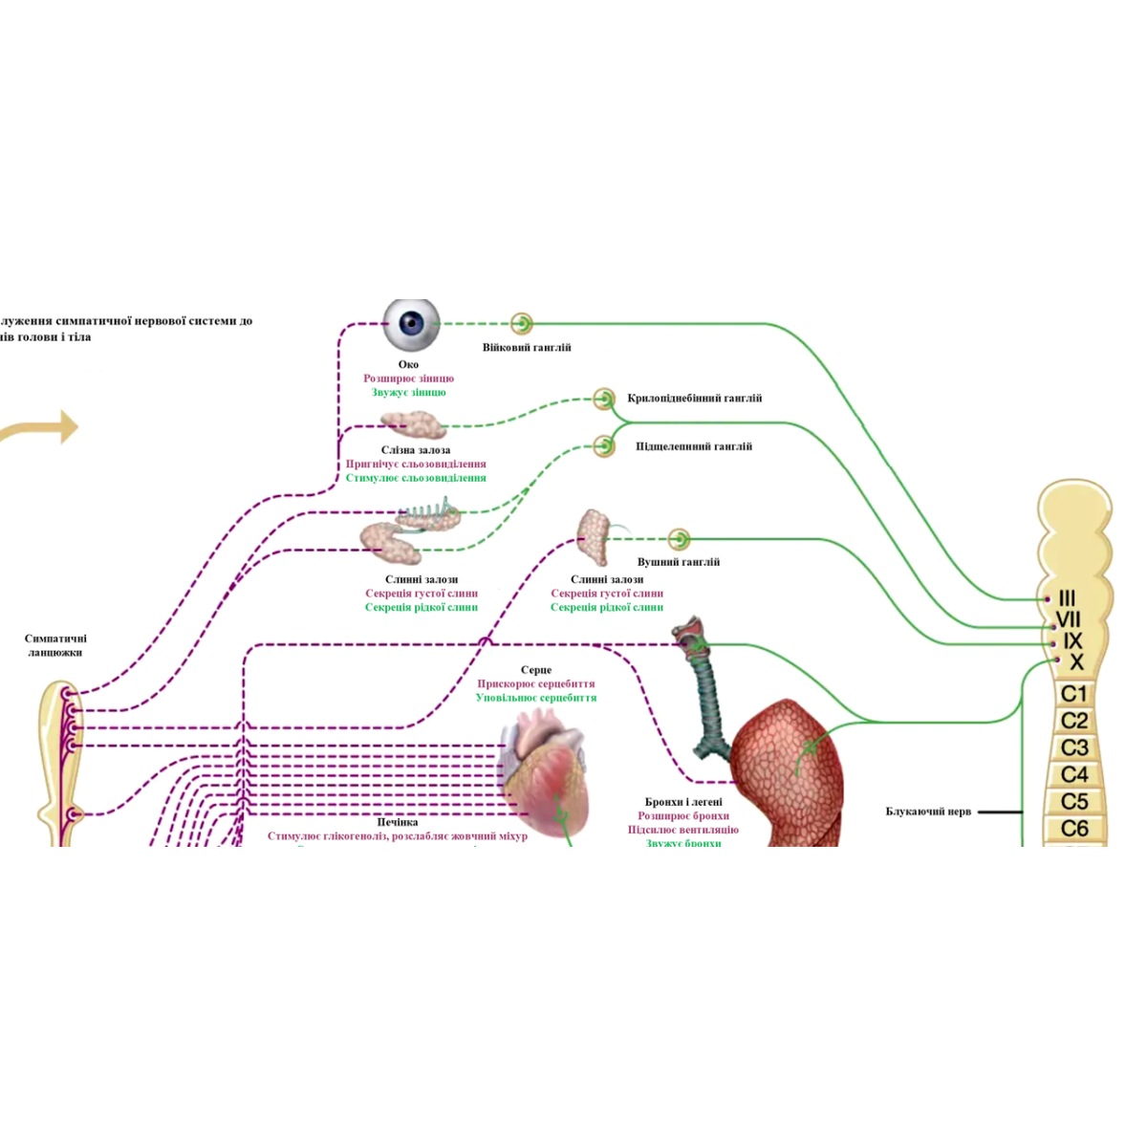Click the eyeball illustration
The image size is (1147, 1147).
[x=412, y=324]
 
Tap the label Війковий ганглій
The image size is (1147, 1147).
[x=526, y=348]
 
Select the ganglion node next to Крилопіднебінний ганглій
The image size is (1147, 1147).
[x=603, y=399]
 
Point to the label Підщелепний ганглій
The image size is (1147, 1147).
[x=694, y=446]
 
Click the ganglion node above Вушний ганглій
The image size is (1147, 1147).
[x=679, y=539]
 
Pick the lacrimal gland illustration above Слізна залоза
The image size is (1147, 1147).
[x=413, y=423]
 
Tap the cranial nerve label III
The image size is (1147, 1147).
[x=1068, y=598]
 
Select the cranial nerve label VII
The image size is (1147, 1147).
[x=1069, y=619]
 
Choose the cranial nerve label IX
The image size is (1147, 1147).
[x=1072, y=641]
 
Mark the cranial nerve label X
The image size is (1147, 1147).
[x=1076, y=662]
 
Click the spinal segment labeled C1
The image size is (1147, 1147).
[x=1074, y=694]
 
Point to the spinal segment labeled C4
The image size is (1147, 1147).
[x=1074, y=774]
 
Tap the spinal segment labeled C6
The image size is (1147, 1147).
[x=1074, y=829]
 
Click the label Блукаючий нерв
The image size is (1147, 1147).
[x=928, y=812]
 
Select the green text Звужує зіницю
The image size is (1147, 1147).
[x=408, y=392]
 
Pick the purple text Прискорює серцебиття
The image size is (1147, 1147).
[x=535, y=684]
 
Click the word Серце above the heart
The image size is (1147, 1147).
[x=536, y=670]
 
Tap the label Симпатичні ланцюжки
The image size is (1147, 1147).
[x=55, y=645]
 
